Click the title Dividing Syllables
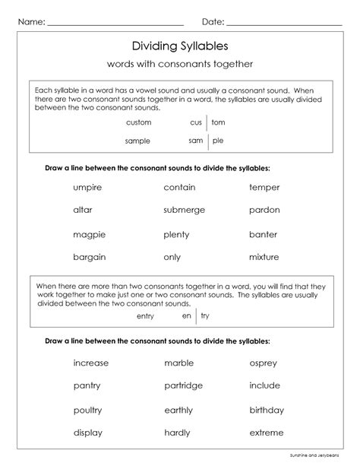[x=179, y=46]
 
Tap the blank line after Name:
[x=115, y=24]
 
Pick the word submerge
[x=184, y=210]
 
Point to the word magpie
[x=89, y=235]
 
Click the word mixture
[x=264, y=257]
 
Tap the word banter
[x=263, y=234]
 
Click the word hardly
[x=178, y=433]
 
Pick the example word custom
[x=139, y=122]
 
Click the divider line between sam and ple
[x=207, y=141]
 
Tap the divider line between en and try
[x=196, y=315]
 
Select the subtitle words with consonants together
[x=179, y=64]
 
